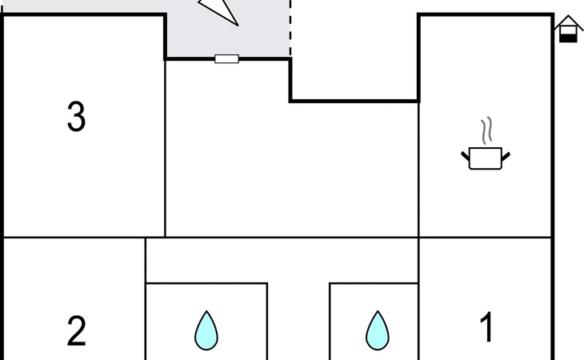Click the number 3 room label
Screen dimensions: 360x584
click(76, 118)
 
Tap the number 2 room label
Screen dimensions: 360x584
click(76, 331)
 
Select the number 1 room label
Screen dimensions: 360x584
click(486, 328)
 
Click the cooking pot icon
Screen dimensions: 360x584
click(486, 158)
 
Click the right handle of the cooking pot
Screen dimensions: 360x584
click(506, 155)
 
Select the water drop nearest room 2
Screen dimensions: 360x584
click(206, 330)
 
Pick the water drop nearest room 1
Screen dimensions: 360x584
click(377, 330)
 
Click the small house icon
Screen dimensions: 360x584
click(568, 29)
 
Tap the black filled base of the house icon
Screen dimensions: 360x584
click(568, 36)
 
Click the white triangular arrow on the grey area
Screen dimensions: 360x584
click(221, 9)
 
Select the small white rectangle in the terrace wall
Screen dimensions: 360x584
click(226, 58)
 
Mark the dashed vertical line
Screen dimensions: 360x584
click(290, 28)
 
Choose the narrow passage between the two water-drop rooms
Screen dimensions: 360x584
click(298, 320)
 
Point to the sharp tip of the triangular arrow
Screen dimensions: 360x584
click(237, 24)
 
